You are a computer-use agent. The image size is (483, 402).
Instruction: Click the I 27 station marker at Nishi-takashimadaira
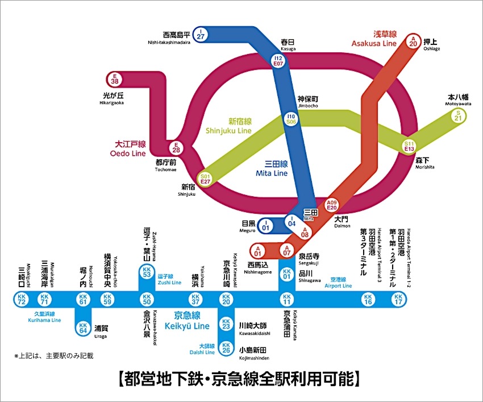click(x=200, y=34)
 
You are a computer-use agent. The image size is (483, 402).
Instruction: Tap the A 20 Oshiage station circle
click(x=413, y=40)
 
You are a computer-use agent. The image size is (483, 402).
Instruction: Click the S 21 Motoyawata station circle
click(x=458, y=115)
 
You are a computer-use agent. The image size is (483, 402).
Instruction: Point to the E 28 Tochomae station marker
click(x=176, y=148)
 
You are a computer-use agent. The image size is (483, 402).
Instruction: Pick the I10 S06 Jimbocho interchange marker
click(x=291, y=119)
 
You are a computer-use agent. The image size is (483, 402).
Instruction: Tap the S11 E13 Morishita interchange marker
click(x=409, y=146)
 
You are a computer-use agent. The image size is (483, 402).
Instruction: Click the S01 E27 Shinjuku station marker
click(x=205, y=179)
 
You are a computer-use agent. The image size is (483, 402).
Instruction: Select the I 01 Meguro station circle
click(x=265, y=226)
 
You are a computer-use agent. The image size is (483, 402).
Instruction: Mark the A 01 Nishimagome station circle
click(x=258, y=250)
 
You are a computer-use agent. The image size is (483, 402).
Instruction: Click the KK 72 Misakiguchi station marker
click(x=22, y=299)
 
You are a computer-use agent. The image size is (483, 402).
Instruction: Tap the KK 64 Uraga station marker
click(x=83, y=328)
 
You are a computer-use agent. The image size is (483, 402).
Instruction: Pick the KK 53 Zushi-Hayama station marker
click(x=147, y=272)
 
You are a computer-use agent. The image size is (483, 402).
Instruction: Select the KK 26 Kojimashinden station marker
click(x=227, y=346)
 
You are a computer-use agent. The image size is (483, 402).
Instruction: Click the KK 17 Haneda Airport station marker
click(x=398, y=299)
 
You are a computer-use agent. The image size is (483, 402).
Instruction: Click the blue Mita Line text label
click(x=272, y=168)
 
